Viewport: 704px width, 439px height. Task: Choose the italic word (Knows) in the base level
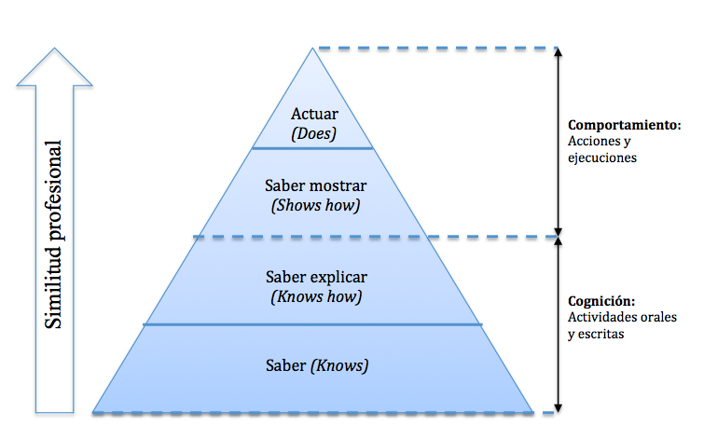click(x=340, y=365)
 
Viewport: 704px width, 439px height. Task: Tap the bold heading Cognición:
click(x=601, y=302)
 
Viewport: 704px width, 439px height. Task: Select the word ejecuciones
click(x=601, y=158)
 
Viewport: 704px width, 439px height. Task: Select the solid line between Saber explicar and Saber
click(x=313, y=324)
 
